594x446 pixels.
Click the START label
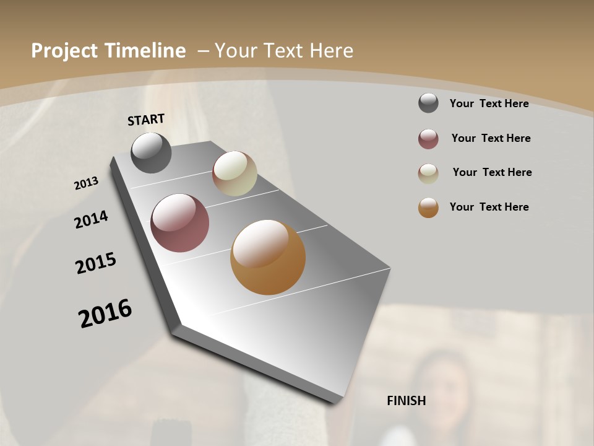(x=146, y=120)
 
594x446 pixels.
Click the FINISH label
(x=407, y=401)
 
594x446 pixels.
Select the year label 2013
(x=87, y=183)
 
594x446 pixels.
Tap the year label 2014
(x=91, y=219)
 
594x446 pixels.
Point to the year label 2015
(x=96, y=263)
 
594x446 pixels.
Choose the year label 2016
(x=105, y=313)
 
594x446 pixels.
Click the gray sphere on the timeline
(x=151, y=152)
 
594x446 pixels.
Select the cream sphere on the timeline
(x=235, y=173)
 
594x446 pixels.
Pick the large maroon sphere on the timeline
(x=180, y=223)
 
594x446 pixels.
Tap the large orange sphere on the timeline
(x=268, y=257)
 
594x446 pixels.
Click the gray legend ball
(x=428, y=103)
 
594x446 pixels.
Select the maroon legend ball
(x=428, y=139)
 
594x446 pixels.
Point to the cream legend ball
(x=428, y=173)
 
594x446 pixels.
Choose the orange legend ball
(x=428, y=208)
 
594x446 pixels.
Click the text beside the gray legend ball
(x=489, y=103)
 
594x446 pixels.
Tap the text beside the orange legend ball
(x=489, y=207)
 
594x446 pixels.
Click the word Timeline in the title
(x=145, y=51)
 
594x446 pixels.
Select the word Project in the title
(x=64, y=51)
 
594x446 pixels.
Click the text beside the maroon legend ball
(x=491, y=138)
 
